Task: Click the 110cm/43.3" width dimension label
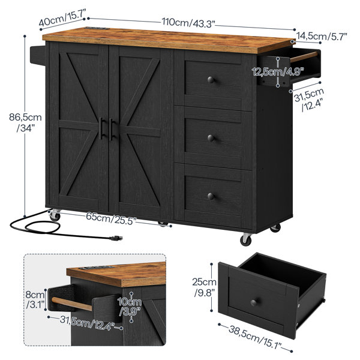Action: coord(188,23)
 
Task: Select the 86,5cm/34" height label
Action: coord(25,122)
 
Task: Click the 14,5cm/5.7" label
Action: coord(322,36)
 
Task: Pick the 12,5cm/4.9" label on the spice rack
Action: coord(278,72)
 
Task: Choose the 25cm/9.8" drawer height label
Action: coord(204,287)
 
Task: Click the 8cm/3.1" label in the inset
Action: coord(35,299)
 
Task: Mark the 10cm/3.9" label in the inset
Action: coord(130,307)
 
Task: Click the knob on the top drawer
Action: coord(211,80)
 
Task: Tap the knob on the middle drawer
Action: coord(211,138)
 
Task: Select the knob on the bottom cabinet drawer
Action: coord(211,196)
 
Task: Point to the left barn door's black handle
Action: coord(101,128)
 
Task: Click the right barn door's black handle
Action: coord(112,129)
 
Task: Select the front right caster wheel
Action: coord(245,239)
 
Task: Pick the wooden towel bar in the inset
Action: coord(72,304)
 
